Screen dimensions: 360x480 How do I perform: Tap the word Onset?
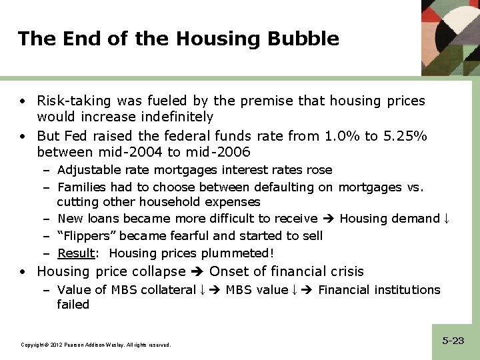pyautogui.click(x=230, y=271)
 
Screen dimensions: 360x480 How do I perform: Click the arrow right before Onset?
pyautogui.click(x=198, y=271)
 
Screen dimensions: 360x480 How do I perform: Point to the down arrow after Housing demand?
pyautogui.click(x=447, y=219)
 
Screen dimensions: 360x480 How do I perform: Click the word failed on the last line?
pyautogui.click(x=73, y=305)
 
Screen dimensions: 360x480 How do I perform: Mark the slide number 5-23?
pyautogui.click(x=453, y=341)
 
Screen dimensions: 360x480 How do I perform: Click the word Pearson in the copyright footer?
pyautogui.click(x=71, y=345)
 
